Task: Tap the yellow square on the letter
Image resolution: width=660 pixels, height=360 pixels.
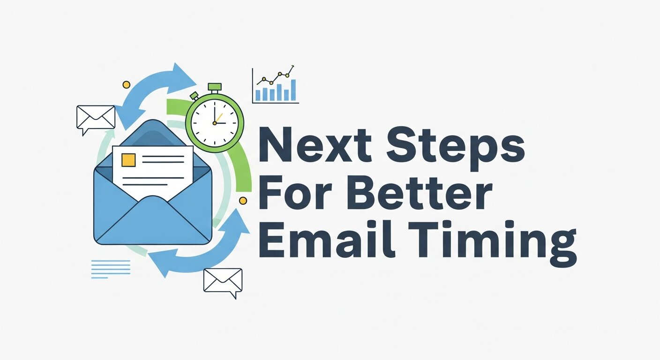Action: pyautogui.click(x=128, y=160)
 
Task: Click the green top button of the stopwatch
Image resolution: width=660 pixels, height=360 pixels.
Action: pyautogui.click(x=215, y=87)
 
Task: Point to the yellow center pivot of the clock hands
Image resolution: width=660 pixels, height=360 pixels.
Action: pyautogui.click(x=215, y=123)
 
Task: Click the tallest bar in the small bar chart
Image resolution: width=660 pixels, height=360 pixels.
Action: pyautogui.click(x=293, y=90)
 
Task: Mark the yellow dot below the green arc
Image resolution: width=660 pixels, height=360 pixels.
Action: pyautogui.click(x=243, y=201)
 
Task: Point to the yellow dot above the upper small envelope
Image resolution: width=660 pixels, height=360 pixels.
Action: pyautogui.click(x=126, y=84)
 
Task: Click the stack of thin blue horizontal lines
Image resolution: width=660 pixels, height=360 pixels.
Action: pyautogui.click(x=110, y=269)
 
